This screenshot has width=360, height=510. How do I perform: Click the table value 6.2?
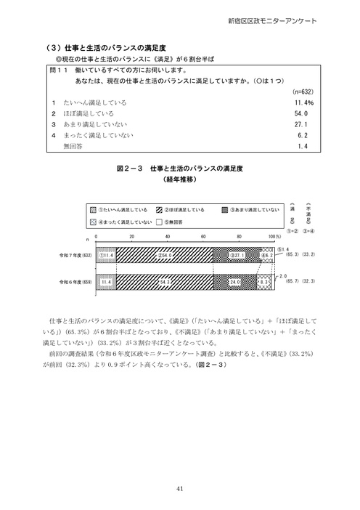[303, 135]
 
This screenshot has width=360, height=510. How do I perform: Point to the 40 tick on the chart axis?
[168, 238]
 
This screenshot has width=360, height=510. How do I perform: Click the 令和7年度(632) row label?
[76, 256]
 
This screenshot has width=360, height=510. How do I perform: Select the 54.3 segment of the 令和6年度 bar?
[165, 282]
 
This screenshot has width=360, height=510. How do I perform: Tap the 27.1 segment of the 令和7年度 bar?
[238, 256]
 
